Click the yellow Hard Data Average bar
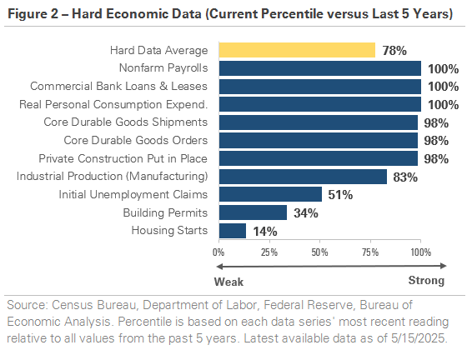pos(297,50)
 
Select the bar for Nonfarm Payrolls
pos(320,68)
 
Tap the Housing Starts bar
pos(233,231)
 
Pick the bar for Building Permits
pos(253,212)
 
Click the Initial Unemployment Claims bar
pos(270,194)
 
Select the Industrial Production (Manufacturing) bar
pos(303,177)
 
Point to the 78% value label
pos(394,51)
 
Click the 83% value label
pos(405,177)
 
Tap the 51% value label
pos(340,195)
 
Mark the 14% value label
pos(265,232)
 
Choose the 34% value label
pos(306,213)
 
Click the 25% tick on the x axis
pos(269,252)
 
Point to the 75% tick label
pos(370,252)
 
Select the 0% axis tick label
pos(218,252)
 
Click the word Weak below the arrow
pos(228,282)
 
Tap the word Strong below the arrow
pos(426,281)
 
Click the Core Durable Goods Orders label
pos(136,140)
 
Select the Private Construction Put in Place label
pos(123,158)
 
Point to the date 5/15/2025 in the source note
pos(418,338)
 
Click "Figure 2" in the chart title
pos(33,14)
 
